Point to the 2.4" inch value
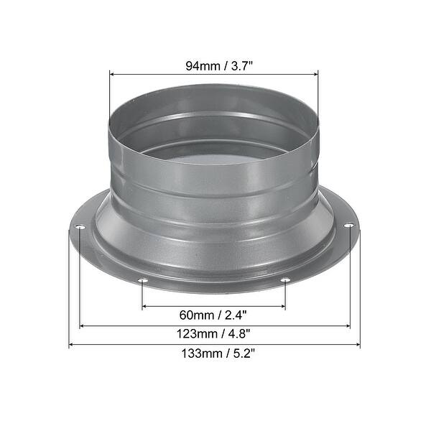[x=235, y=315]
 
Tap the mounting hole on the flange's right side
[x=348, y=227]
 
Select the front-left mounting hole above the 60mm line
[x=142, y=281]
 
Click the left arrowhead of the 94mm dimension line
[x=113, y=73]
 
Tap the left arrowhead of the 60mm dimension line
[x=146, y=307]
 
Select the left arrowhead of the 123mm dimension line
[x=83, y=326]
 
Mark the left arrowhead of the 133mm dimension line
[x=73, y=346]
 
